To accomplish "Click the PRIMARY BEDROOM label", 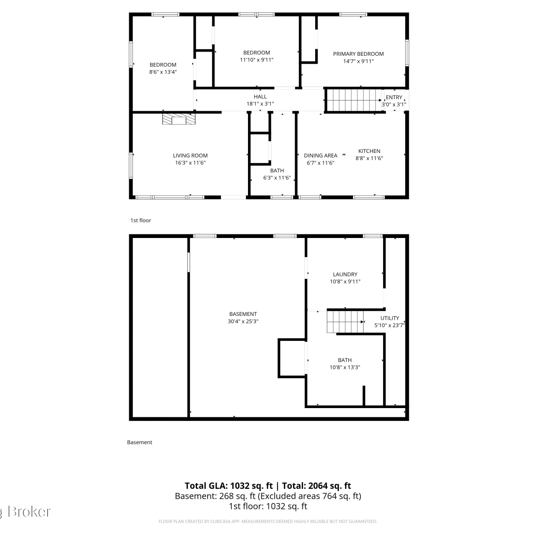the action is pyautogui.click(x=358, y=54).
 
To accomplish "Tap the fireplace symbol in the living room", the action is pyautogui.click(x=179, y=119).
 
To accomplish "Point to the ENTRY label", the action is pyautogui.click(x=394, y=97).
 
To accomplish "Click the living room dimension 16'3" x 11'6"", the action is pyautogui.click(x=190, y=163).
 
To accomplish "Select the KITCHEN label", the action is pyautogui.click(x=369, y=151).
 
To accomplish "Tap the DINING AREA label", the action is pyautogui.click(x=321, y=155).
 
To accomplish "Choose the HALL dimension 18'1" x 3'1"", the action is pyautogui.click(x=260, y=104).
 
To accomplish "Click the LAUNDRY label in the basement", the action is pyautogui.click(x=345, y=274).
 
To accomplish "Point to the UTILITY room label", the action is pyautogui.click(x=389, y=318).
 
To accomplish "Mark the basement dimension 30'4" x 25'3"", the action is pyautogui.click(x=243, y=321).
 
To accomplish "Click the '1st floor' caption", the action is pyautogui.click(x=141, y=220).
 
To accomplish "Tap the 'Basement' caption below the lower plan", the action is pyautogui.click(x=140, y=442).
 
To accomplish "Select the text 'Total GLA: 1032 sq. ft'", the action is pyautogui.click(x=229, y=486).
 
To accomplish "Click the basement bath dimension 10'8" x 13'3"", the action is pyautogui.click(x=345, y=367).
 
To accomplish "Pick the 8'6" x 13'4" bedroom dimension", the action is pyautogui.click(x=163, y=72).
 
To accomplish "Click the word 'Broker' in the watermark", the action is pyautogui.click(x=29, y=512).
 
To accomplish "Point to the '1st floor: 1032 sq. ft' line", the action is pyautogui.click(x=268, y=506).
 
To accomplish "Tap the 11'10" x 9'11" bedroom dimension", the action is pyautogui.click(x=257, y=60).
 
